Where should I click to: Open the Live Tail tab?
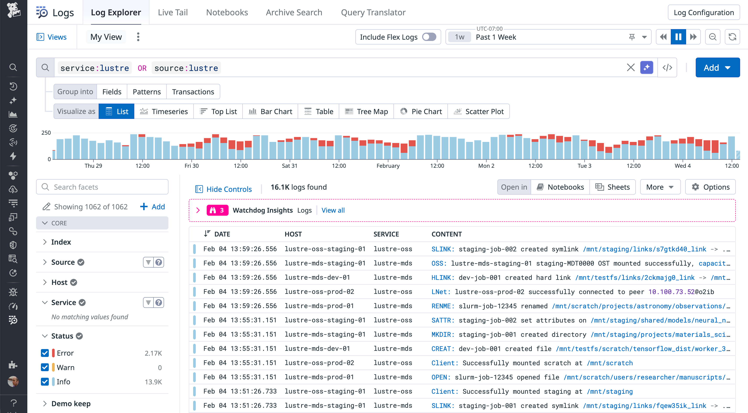[173, 12]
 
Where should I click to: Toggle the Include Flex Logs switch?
[429, 37]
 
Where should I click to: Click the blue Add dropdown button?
[717, 68]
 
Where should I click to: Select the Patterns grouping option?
[146, 92]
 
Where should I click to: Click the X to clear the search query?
[630, 68]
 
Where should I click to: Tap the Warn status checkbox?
[45, 367]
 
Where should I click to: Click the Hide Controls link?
[223, 189]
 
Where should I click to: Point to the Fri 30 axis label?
[191, 166]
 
